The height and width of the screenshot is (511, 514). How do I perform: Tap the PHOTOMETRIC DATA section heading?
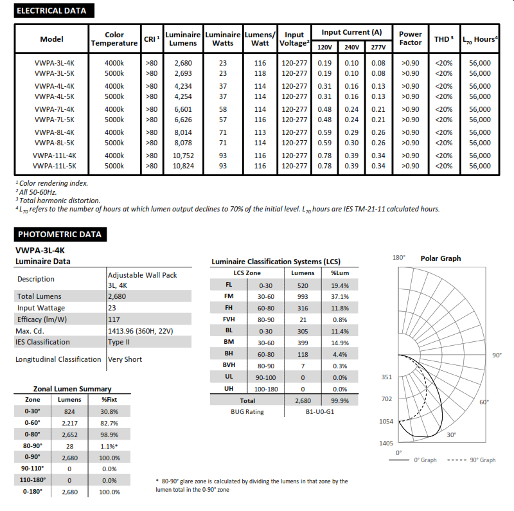pyautogui.click(x=59, y=235)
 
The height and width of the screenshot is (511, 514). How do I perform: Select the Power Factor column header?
pyautogui.click(x=411, y=39)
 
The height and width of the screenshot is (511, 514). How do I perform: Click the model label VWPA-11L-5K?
pyautogui.click(x=55, y=166)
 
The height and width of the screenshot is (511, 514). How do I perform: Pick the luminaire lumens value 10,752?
pyautogui.click(x=183, y=156)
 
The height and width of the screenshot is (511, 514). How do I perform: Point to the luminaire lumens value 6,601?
pyautogui.click(x=183, y=109)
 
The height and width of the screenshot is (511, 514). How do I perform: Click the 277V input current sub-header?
pyautogui.click(x=378, y=47)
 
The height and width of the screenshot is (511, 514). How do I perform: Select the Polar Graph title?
pyautogui.click(x=441, y=258)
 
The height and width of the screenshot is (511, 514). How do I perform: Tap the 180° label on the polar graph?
pyautogui.click(x=399, y=258)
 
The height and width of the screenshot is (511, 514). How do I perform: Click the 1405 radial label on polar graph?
pyautogui.click(x=386, y=444)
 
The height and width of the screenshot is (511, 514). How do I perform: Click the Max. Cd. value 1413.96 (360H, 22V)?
pyautogui.click(x=140, y=330)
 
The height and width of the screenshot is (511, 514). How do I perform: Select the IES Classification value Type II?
pyautogui.click(x=120, y=342)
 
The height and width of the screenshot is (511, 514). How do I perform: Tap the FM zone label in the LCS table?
pyautogui.click(x=229, y=296)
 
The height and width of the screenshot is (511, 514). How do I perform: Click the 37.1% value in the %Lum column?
pyautogui.click(x=340, y=296)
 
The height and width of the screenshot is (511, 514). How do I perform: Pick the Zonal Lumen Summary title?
pyautogui.click(x=72, y=389)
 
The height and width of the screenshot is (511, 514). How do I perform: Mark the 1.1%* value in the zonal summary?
pyautogui.click(x=110, y=445)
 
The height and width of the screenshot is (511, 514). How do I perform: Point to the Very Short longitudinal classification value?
pyautogui.click(x=125, y=359)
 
